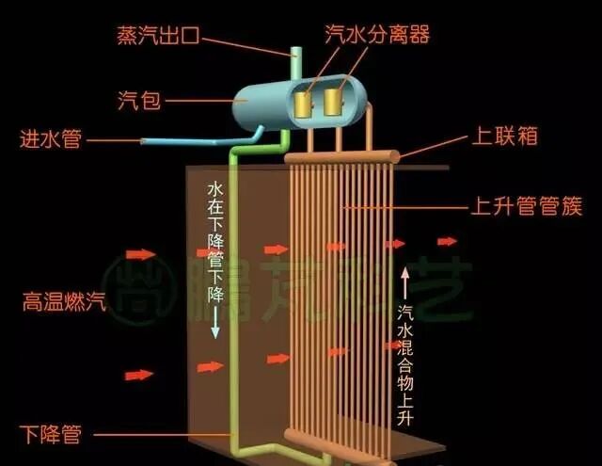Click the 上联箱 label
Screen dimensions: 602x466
[x=503, y=137]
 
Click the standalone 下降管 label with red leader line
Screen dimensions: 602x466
[x=52, y=435]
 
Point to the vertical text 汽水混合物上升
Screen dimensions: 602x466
[x=405, y=362]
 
